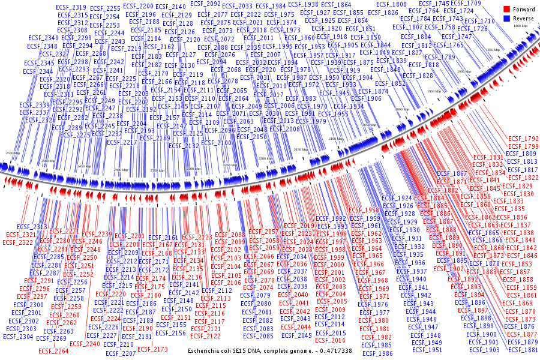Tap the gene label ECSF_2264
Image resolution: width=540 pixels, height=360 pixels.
click(x=53, y=351)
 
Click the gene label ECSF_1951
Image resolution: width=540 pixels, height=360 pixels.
click(x=427, y=350)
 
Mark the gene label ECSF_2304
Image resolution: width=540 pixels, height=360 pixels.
click(x=18, y=337)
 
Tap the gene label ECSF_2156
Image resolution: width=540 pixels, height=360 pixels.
click(x=170, y=333)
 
